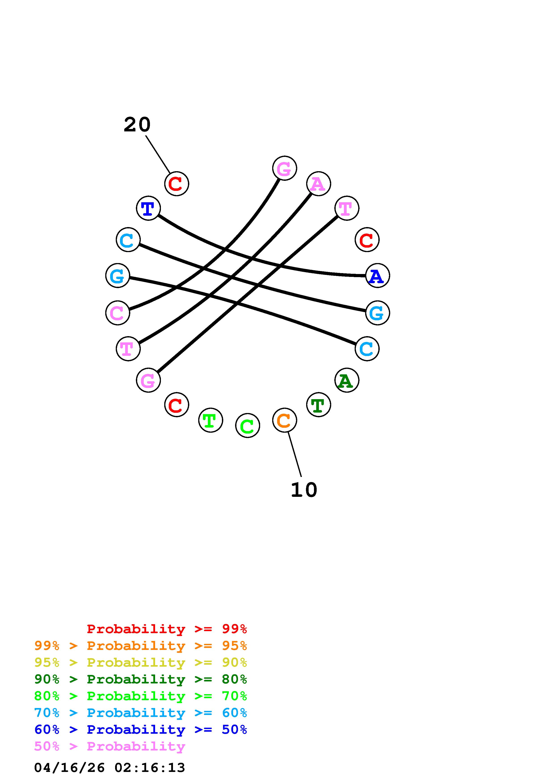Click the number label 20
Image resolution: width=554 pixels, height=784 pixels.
coord(137,125)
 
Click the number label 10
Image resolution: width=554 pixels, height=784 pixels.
coord(304,490)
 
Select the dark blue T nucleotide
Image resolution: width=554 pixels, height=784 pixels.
coord(148,208)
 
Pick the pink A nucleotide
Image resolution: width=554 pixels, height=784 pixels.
coord(318,184)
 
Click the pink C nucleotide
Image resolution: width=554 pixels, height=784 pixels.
coord(118,313)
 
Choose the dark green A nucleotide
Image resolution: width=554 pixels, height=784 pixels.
coord(346,380)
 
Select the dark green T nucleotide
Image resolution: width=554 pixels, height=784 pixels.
coord(318,405)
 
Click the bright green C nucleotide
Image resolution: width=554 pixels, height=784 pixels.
coord(247,426)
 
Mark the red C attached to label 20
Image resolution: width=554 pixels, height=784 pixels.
coord(177,184)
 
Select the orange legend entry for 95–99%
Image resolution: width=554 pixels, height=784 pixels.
coord(140,646)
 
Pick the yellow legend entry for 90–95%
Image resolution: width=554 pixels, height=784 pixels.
coord(140,662)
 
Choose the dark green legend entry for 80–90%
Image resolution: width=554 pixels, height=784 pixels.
coord(140,679)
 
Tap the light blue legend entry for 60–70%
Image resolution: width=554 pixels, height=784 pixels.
coord(140,713)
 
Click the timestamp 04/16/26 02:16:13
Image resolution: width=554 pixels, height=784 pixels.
coord(110,768)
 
